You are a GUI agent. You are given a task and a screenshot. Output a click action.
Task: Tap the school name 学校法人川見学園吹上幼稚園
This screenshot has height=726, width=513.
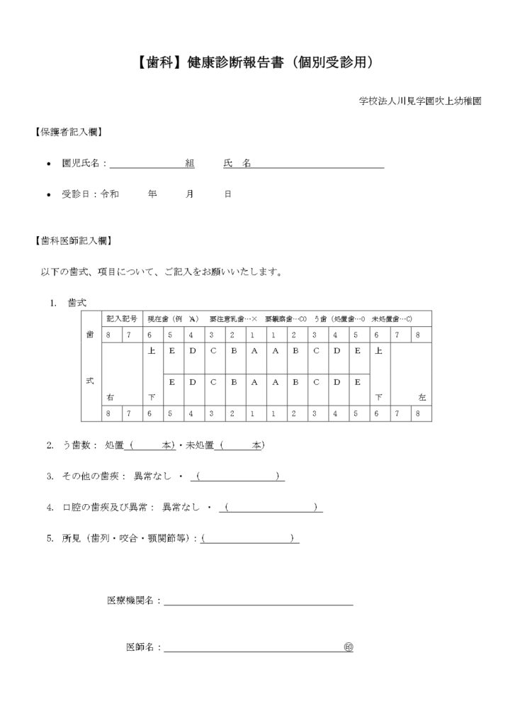pos(420,101)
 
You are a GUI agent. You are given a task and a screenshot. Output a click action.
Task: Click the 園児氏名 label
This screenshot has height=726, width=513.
pos(84,163)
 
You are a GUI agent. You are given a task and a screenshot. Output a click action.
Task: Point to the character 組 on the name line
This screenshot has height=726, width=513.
pos(189,163)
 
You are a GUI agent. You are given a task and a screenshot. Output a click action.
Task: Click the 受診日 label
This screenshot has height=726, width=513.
pos(79,194)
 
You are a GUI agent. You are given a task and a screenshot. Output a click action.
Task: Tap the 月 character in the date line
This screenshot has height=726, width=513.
pos(190,194)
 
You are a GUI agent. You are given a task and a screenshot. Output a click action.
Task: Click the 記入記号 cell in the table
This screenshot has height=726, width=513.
pos(118,318)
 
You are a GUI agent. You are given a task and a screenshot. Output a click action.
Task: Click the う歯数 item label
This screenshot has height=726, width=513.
pos(77,445)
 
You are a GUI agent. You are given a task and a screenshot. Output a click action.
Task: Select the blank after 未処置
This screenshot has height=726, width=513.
pos(242,445)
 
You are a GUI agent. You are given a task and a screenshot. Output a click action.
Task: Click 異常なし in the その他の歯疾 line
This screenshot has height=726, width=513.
pos(148,476)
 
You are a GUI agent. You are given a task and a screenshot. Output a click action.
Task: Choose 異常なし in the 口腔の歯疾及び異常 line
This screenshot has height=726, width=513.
pos(184,507)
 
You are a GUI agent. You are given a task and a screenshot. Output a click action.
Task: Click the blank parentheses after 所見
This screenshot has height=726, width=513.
pos(249,538)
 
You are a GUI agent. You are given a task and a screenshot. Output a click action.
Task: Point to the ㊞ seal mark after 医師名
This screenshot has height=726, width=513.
pos(348,647)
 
